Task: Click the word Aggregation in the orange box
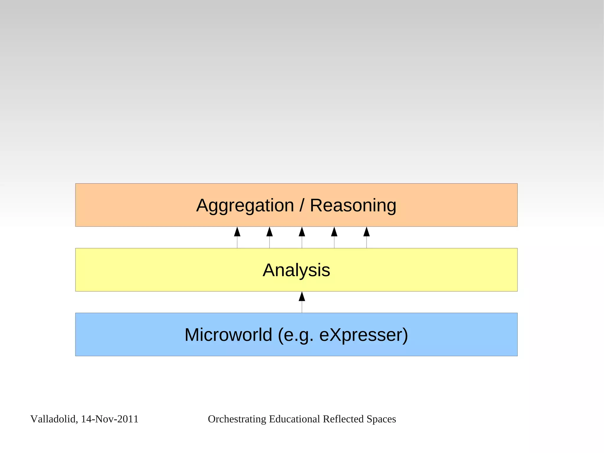pyautogui.click(x=245, y=206)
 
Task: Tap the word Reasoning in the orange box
pyautogui.click(x=353, y=205)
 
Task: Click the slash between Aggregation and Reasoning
pyautogui.click(x=302, y=205)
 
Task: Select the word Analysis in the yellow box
pyautogui.click(x=296, y=270)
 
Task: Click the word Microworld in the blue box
pyautogui.click(x=228, y=335)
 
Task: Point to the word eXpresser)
pyautogui.click(x=363, y=335)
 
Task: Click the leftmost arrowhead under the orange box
pyautogui.click(x=237, y=232)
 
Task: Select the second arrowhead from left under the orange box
pyautogui.click(x=270, y=232)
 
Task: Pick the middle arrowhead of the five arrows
pyautogui.click(x=302, y=232)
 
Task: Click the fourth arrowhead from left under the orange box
pyautogui.click(x=334, y=232)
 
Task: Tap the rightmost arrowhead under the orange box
pyautogui.click(x=367, y=232)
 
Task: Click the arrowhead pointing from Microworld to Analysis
pyautogui.click(x=302, y=297)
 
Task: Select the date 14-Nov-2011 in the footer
pyautogui.click(x=110, y=419)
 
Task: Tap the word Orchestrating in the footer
pyautogui.click(x=237, y=419)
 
